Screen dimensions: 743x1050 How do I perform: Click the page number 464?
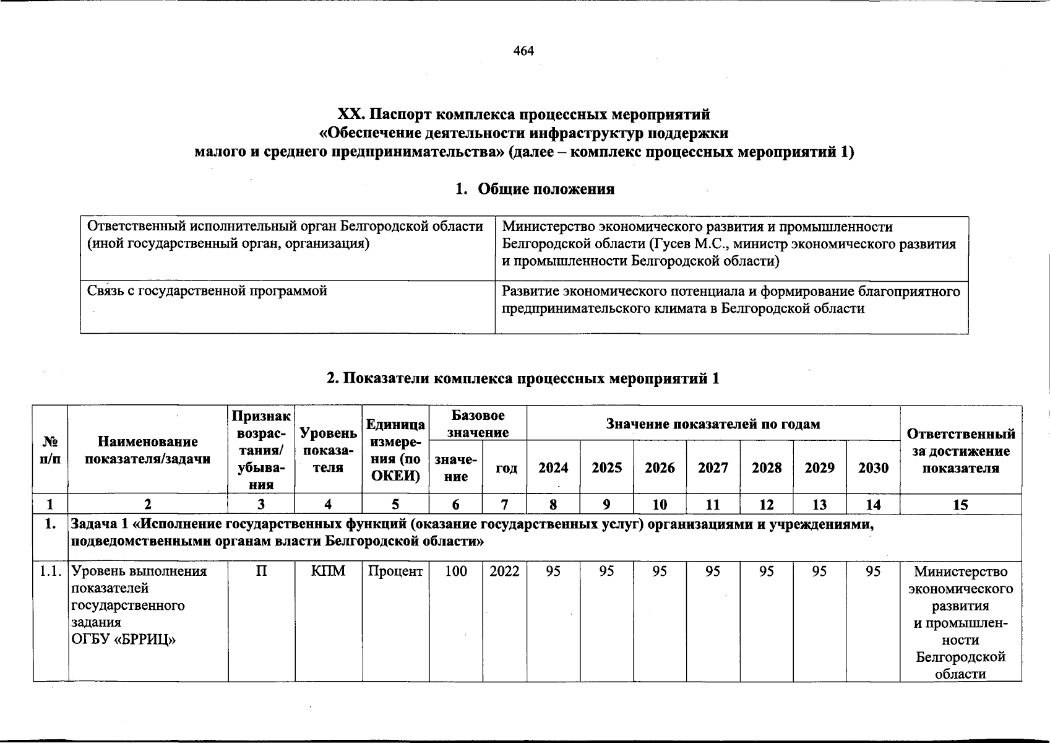[523, 51]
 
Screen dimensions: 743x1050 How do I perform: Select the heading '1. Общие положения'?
[535, 189]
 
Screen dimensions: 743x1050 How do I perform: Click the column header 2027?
[713, 468]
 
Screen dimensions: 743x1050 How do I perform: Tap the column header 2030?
[873, 468]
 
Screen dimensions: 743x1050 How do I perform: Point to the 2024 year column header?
[553, 468]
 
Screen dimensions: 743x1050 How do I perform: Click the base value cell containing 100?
[456, 571]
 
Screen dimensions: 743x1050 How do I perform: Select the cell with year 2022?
[504, 571]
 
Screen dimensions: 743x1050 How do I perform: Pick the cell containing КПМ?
[328, 571]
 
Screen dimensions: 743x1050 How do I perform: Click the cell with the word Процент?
[395, 571]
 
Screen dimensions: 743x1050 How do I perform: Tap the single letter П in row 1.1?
[262, 571]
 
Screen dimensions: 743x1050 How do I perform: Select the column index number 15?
[960, 505]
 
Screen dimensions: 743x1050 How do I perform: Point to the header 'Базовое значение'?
[478, 424]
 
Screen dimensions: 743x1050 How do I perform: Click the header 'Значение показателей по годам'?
[713, 424]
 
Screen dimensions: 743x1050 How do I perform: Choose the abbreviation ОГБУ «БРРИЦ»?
[124, 639]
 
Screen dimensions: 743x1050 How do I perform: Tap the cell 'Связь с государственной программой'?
[207, 291]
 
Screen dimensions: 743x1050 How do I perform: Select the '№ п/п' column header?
[50, 451]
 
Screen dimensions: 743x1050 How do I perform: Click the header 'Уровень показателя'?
[328, 450]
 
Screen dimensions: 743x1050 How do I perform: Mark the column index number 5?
[395, 505]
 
